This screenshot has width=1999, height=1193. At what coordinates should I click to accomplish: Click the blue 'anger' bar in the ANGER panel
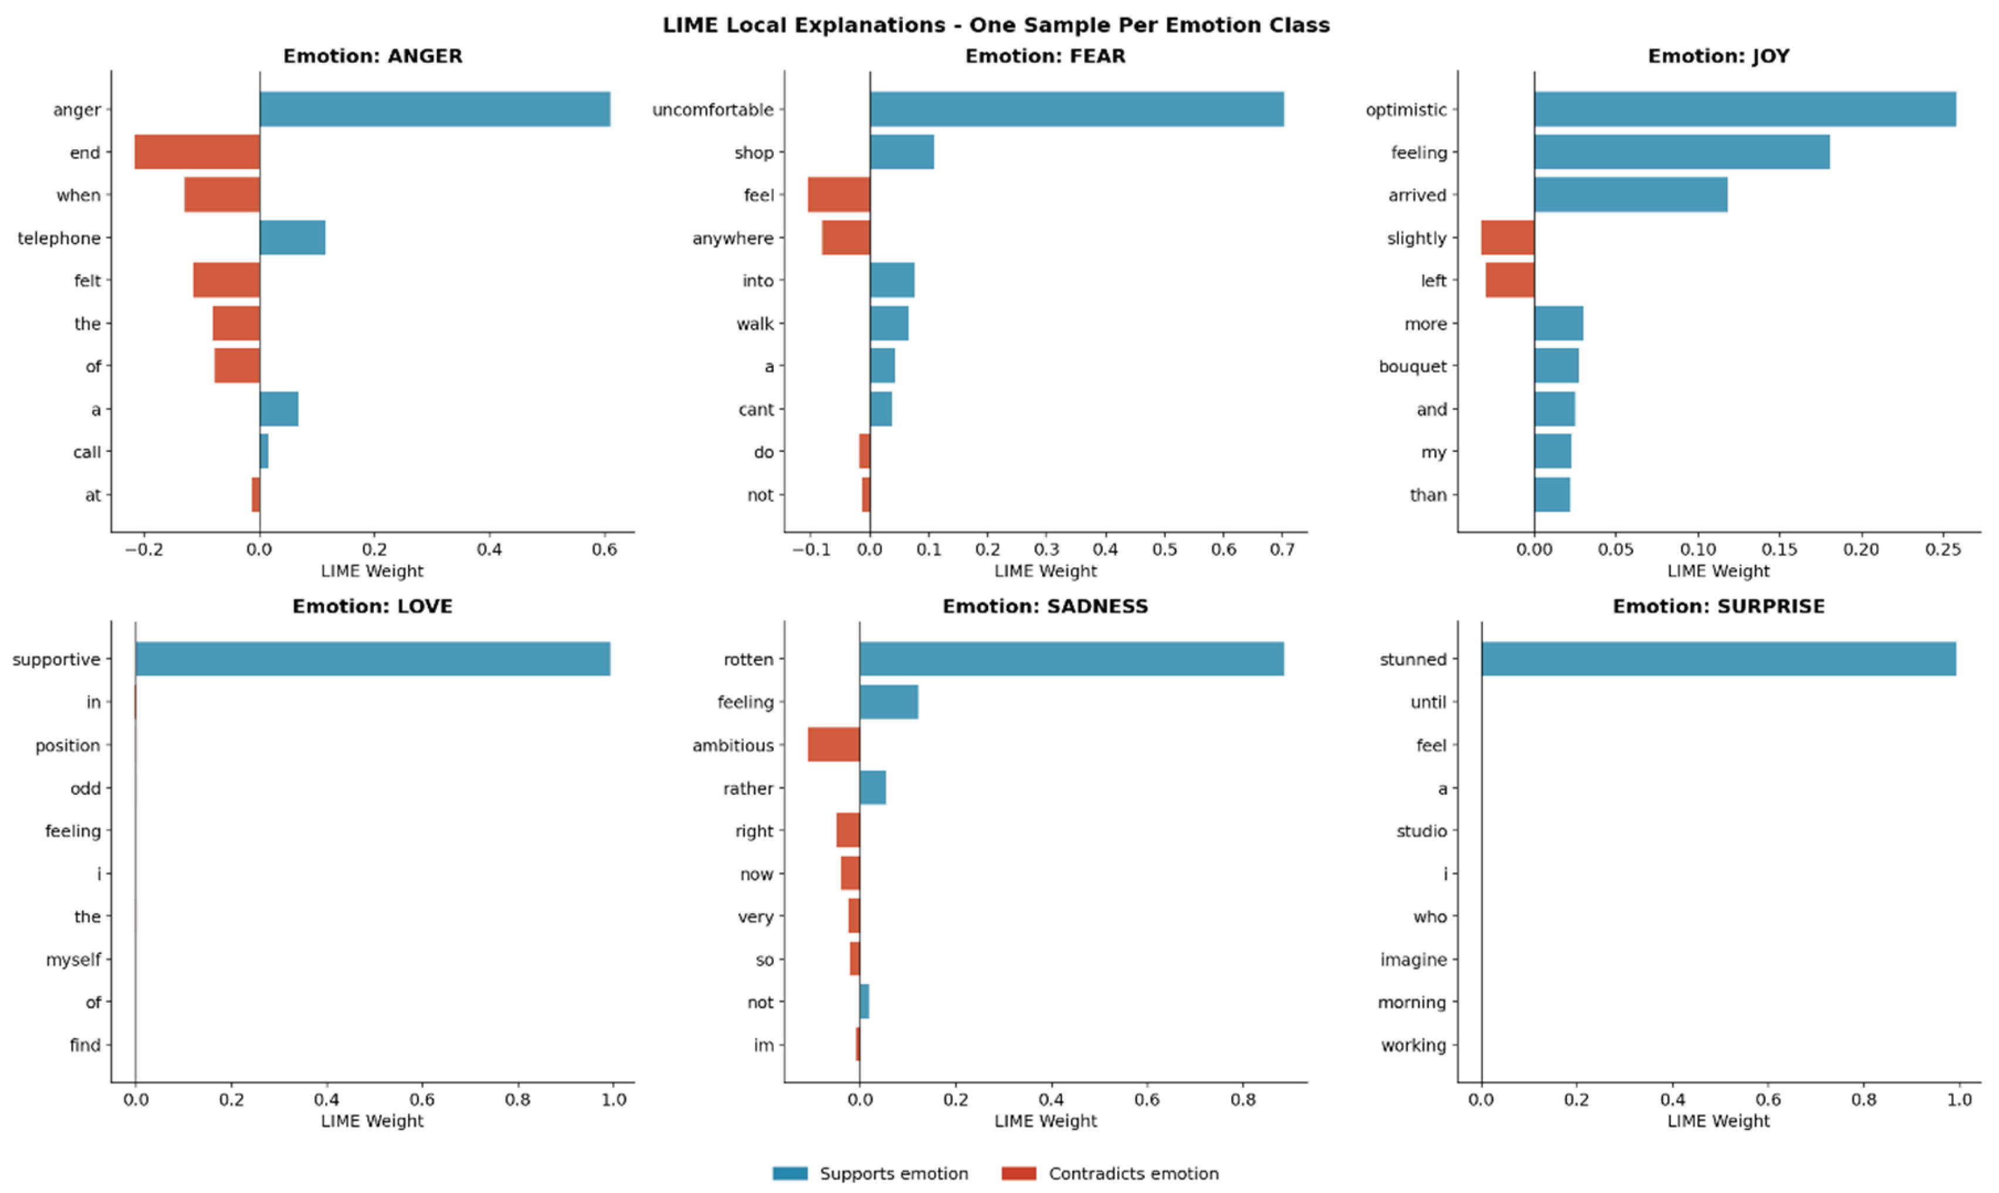[x=435, y=109]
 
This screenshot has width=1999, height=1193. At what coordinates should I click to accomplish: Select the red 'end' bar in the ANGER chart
[x=197, y=152]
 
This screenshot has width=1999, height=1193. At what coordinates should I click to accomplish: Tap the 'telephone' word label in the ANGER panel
[x=59, y=238]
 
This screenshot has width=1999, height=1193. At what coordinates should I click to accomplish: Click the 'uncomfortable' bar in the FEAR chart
[x=1076, y=109]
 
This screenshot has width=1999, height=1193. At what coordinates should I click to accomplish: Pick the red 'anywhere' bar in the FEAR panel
[x=845, y=238]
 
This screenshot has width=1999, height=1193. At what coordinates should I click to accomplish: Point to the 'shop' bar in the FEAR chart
[x=902, y=152]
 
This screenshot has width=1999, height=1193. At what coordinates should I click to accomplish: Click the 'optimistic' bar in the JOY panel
[x=1745, y=109]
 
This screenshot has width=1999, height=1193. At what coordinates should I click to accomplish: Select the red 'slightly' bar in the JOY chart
[x=1508, y=238]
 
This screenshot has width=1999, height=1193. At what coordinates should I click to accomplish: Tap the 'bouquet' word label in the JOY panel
[x=1413, y=366]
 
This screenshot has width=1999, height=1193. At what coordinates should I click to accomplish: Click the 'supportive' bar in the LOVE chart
[x=373, y=659]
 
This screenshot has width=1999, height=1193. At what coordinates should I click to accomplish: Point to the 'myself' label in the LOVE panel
[x=73, y=960]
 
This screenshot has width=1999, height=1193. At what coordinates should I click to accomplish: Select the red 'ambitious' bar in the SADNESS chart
[x=834, y=745]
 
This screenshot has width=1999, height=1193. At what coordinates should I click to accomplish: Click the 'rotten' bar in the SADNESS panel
[x=1071, y=659]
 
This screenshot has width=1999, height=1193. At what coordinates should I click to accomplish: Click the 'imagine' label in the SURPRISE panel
[x=1413, y=960]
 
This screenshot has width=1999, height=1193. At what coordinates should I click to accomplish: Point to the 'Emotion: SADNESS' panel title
[x=1045, y=606]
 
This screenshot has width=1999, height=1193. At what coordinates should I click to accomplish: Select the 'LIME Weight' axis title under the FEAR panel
[x=1045, y=571]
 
